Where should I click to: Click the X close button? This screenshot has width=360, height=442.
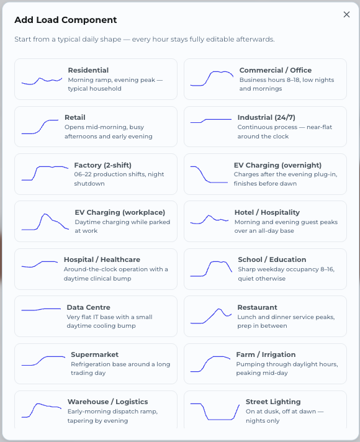pos(346,14)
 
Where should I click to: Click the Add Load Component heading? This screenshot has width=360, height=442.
pos(66,20)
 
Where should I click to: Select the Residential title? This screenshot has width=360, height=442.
pos(88,70)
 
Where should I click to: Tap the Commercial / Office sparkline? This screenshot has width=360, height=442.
pos(212,78)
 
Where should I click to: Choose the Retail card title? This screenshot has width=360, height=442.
pos(75,117)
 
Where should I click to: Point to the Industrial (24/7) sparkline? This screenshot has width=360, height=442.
pos(211,121)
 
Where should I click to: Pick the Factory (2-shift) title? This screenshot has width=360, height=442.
pos(102,165)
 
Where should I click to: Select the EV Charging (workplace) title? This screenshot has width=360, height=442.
pos(120,212)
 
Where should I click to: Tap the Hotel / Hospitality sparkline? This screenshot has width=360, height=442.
pos(209,219)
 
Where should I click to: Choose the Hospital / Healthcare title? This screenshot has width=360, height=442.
pos(102,259)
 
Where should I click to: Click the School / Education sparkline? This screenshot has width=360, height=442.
pos(211,269)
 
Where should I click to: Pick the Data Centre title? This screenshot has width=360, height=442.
pos(88,307)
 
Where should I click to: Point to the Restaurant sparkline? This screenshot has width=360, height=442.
pos(211,316)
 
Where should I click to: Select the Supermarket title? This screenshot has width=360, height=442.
pos(95,354)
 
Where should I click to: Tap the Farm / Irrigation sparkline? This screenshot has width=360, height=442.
pos(210,364)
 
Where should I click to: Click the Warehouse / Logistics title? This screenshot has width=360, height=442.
pos(108,402)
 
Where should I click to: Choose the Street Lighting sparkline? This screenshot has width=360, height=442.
pos(215,412)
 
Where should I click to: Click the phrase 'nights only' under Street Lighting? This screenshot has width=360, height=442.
pos(263,420)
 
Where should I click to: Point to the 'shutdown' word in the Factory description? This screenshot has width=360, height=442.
pos(89,184)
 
